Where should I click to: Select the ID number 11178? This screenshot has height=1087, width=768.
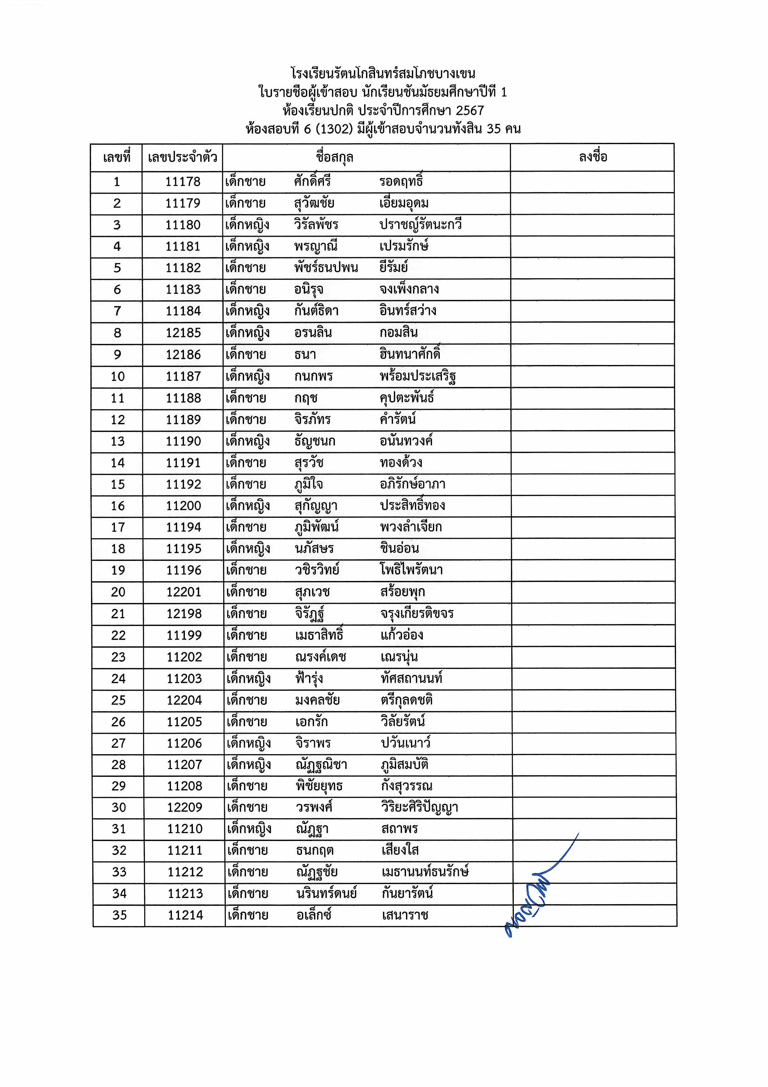coord(183,182)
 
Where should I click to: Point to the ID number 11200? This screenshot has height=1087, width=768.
coord(184,506)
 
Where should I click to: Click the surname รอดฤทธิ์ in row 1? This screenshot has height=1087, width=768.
coord(401,181)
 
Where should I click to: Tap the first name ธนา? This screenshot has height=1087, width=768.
coord(305,354)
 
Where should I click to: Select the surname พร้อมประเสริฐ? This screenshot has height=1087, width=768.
coord(417,376)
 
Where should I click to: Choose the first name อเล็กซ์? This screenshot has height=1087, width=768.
coord(314,915)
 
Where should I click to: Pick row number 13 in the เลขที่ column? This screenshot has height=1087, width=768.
coord(118,441)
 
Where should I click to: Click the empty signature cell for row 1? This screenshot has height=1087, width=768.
coord(592,182)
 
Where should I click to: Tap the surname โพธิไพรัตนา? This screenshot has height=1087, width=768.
coord(411,570)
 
